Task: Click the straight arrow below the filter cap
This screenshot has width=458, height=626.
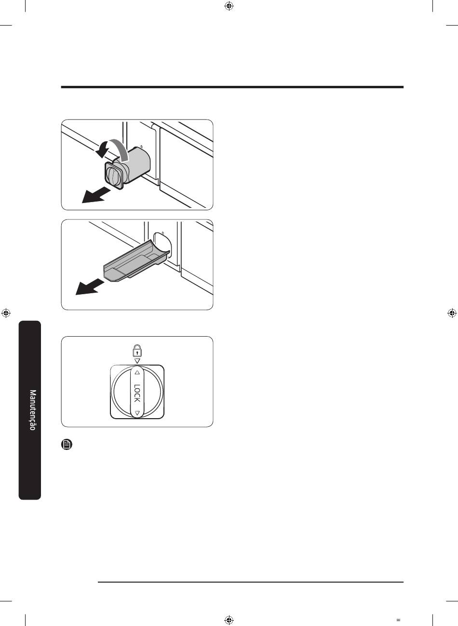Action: pyautogui.click(x=96, y=195)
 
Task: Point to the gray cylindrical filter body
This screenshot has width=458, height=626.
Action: pyautogui.click(x=137, y=163)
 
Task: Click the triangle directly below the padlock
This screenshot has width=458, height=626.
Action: pyautogui.click(x=137, y=361)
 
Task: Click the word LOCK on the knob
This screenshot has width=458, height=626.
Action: pyautogui.click(x=137, y=393)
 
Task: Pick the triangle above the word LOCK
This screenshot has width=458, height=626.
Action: pyautogui.click(x=137, y=372)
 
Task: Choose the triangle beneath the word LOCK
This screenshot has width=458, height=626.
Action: pyautogui.click(x=137, y=412)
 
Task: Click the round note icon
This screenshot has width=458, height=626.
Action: pyautogui.click(x=67, y=444)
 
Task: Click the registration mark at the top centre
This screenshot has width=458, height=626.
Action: pyautogui.click(x=229, y=6)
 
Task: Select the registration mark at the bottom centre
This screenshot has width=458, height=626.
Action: pyautogui.click(x=229, y=620)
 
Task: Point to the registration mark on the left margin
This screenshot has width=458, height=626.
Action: pyautogui.click(x=6, y=313)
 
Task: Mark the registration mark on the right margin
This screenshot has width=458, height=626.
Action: pyautogui.click(x=452, y=313)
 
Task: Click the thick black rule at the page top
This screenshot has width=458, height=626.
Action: pyautogui.click(x=232, y=87)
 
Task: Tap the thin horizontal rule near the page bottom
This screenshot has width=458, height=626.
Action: pyautogui.click(x=251, y=582)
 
